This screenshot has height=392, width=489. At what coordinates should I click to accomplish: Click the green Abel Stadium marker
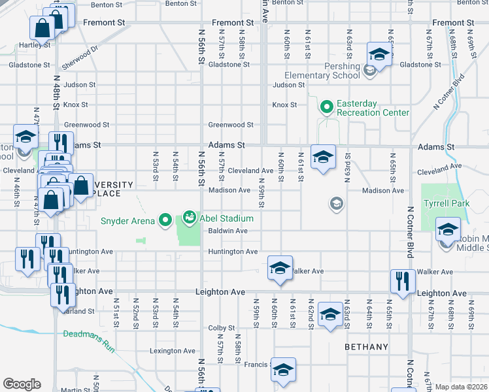tap(190, 216)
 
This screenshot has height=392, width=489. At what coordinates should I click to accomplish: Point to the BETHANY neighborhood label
tap(367, 347)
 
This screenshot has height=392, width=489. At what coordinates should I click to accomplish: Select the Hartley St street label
tap(35, 45)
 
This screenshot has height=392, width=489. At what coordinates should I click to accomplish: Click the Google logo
tap(22, 384)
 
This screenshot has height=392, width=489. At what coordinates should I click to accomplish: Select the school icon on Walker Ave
tap(280, 268)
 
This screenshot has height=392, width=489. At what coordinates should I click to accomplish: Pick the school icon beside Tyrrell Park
tap(448, 230)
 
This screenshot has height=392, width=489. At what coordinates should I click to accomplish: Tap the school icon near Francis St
tap(283, 370)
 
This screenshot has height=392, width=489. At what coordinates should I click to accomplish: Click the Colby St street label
tap(221, 328)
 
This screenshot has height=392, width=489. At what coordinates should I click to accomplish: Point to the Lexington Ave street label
tap(173, 351)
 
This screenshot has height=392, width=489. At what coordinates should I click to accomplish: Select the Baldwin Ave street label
tap(228, 231)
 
